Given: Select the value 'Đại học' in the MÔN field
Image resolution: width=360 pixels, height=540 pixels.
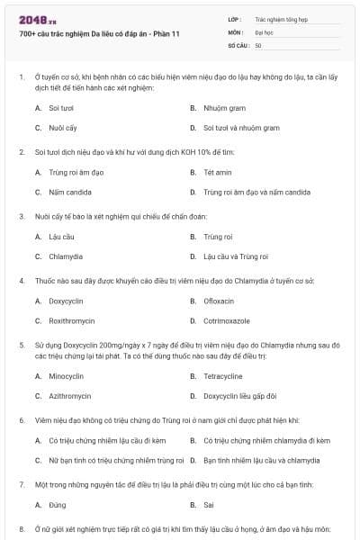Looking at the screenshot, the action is pyautogui.click(x=264, y=31).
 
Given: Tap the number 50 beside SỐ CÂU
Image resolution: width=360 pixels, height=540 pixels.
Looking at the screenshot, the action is pyautogui.click(x=258, y=44).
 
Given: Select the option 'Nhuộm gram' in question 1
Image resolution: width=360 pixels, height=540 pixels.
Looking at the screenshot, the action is pyautogui.click(x=219, y=107).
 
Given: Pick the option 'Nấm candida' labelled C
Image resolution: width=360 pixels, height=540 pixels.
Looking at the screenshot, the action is pyautogui.click(x=69, y=192).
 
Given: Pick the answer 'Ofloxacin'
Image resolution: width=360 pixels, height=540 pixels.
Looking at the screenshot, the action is pyautogui.click(x=218, y=301).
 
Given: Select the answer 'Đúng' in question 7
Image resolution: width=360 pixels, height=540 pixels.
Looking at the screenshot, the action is pyautogui.click(x=58, y=505).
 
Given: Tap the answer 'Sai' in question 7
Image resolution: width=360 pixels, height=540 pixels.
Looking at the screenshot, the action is pyautogui.click(x=209, y=505).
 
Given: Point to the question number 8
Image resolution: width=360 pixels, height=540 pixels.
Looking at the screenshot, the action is pyautogui.click(x=22, y=528).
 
